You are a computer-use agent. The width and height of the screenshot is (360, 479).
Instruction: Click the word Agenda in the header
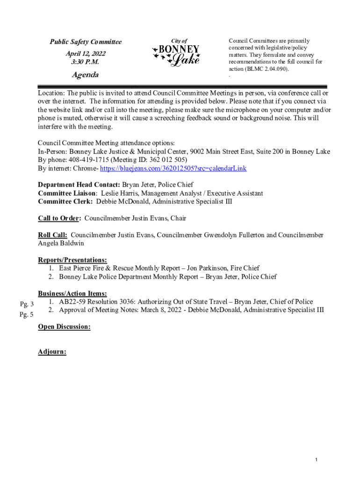click(x=85, y=75)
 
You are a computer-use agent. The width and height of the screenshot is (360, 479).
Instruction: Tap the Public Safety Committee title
click(x=86, y=42)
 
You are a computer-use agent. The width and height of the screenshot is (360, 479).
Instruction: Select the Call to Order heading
click(x=59, y=218)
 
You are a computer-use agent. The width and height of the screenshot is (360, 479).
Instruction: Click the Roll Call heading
click(x=52, y=235)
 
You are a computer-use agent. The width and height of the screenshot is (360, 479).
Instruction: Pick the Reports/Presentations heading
click(x=72, y=260)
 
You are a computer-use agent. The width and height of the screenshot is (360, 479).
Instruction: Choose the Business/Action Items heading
click(x=72, y=293)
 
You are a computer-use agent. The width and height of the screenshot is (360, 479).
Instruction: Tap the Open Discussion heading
click(x=64, y=327)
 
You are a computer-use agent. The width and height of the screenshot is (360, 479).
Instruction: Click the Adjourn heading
click(x=52, y=352)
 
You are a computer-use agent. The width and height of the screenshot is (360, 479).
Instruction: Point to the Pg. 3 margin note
click(x=26, y=305)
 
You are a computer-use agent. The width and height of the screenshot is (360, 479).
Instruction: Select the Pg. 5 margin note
click(x=26, y=315)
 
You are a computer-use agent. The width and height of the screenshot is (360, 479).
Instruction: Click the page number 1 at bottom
click(x=317, y=461)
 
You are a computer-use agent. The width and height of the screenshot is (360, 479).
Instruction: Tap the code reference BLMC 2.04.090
click(x=268, y=69)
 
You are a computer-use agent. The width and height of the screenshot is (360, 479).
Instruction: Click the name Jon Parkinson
click(x=208, y=268)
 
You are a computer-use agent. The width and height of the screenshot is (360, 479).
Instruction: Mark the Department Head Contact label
click(x=79, y=185)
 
